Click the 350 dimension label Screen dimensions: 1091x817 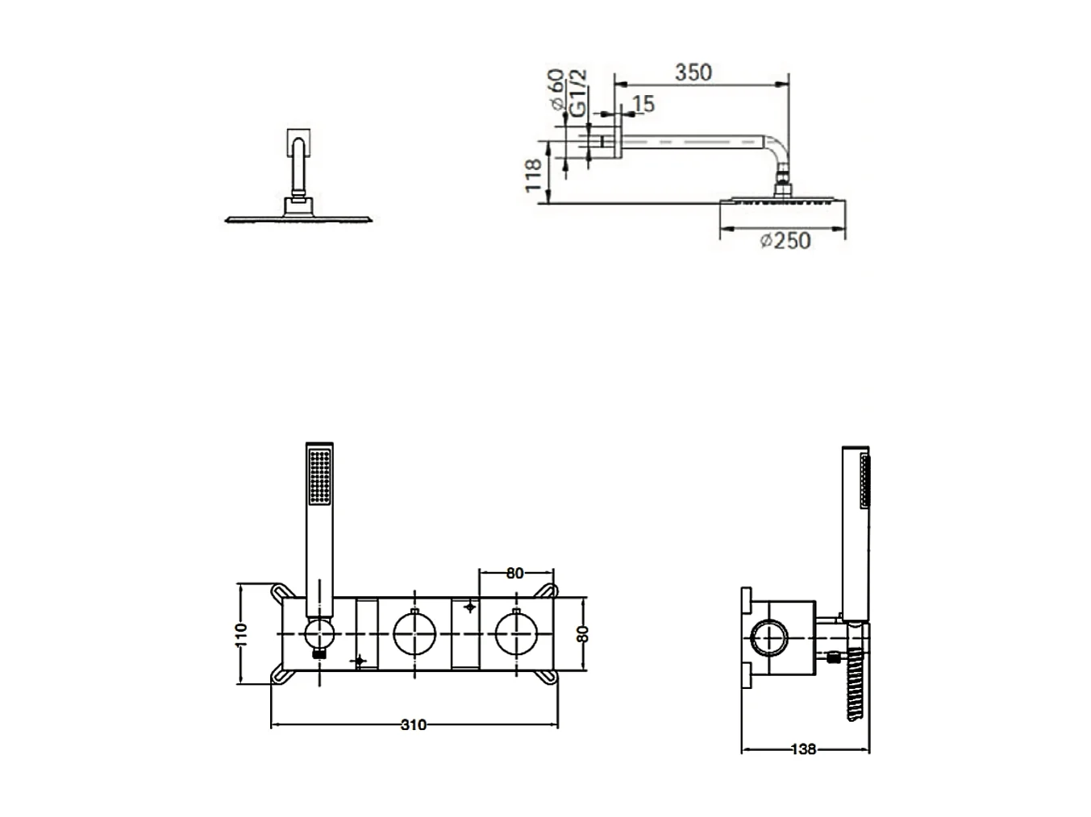point(693,73)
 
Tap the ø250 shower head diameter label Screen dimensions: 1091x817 point(785,241)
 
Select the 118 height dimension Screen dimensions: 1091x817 point(533,175)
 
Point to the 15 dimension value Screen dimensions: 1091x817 point(643,104)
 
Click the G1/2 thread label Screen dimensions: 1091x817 point(578,93)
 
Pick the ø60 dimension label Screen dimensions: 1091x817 point(556,89)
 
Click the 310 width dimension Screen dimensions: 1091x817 point(414,725)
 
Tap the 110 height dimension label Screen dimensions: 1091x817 point(241,635)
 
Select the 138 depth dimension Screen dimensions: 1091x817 point(803,749)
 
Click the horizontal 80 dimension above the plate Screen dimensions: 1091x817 point(515,573)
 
